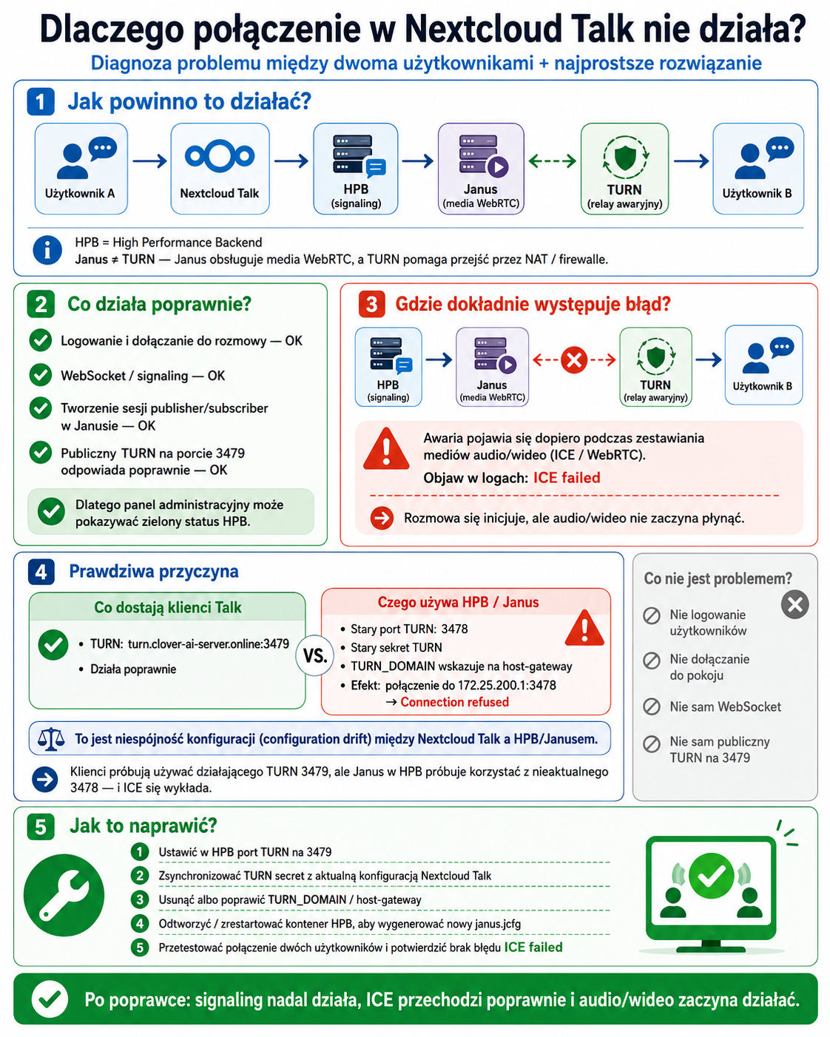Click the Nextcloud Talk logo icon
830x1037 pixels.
tap(220, 155)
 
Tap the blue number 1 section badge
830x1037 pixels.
tap(41, 101)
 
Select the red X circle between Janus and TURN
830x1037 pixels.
tap(574, 359)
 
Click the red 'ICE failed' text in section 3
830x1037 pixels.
tap(567, 478)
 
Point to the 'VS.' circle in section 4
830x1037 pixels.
tap(315, 655)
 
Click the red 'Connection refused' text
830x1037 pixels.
tap(454, 702)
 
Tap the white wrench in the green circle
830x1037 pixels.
tap(64, 895)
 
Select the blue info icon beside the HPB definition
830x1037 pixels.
tap(47, 250)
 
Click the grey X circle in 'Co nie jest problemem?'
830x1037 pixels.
tap(794, 604)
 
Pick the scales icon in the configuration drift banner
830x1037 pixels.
tap(51, 739)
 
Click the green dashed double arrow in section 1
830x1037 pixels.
tap(553, 161)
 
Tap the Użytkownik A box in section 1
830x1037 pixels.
tap(81, 168)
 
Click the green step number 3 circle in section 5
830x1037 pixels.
tap(140, 899)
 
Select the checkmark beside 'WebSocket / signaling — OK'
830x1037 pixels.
tap(41, 375)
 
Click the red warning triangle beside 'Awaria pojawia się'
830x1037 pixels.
tap(386, 450)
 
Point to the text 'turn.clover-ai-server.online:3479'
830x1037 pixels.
tap(208, 644)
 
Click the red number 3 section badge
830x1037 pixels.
tap(371, 305)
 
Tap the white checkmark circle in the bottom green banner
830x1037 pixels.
tap(50, 999)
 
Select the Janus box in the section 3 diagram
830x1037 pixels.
tap(492, 367)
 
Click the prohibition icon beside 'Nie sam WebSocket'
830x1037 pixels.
tap(652, 707)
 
